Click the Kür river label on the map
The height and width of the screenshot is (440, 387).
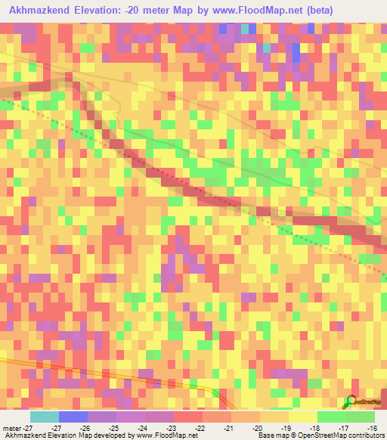(276, 215)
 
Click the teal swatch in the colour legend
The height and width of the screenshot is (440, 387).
(45, 417)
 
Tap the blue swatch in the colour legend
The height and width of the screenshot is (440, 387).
(73, 417)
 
